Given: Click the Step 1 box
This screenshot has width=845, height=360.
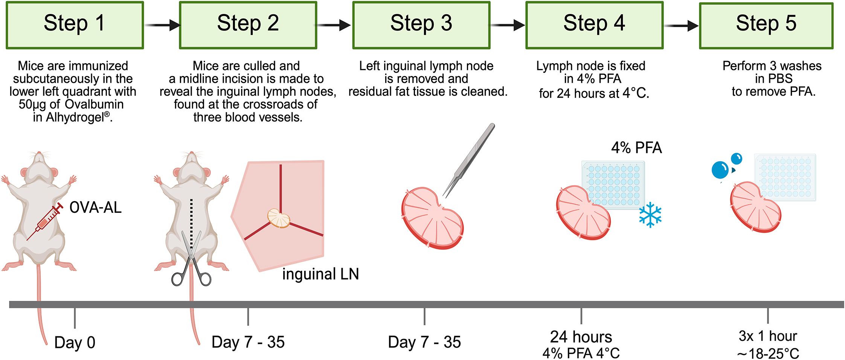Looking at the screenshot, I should click(75, 25).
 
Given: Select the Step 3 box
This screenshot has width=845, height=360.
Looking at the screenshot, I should click(421, 25).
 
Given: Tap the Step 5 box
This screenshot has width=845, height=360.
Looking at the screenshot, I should click(766, 26).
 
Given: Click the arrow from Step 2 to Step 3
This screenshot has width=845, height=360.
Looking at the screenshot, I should click(334, 25).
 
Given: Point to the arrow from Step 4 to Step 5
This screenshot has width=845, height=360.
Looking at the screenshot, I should click(681, 26).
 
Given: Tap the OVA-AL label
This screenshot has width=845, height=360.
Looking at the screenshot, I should click(96, 207).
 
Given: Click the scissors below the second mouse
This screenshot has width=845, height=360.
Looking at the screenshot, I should click(191, 260).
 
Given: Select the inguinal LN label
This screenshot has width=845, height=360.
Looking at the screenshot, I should click(320, 274).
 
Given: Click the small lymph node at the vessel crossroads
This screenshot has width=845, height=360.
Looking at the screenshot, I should click(279, 219).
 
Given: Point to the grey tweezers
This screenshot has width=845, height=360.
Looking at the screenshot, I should click(469, 160).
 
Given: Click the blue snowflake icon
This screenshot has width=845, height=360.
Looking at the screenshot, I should click(650, 215).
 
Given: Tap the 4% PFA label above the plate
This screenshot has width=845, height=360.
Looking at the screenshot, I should click(636, 148).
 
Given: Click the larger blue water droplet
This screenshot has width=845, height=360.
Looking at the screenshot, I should click(720, 170).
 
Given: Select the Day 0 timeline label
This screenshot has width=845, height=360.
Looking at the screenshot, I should click(75, 343).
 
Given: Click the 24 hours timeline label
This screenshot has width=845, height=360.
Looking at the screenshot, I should click(581, 337).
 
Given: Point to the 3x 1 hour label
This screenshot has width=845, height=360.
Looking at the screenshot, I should click(768, 336).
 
